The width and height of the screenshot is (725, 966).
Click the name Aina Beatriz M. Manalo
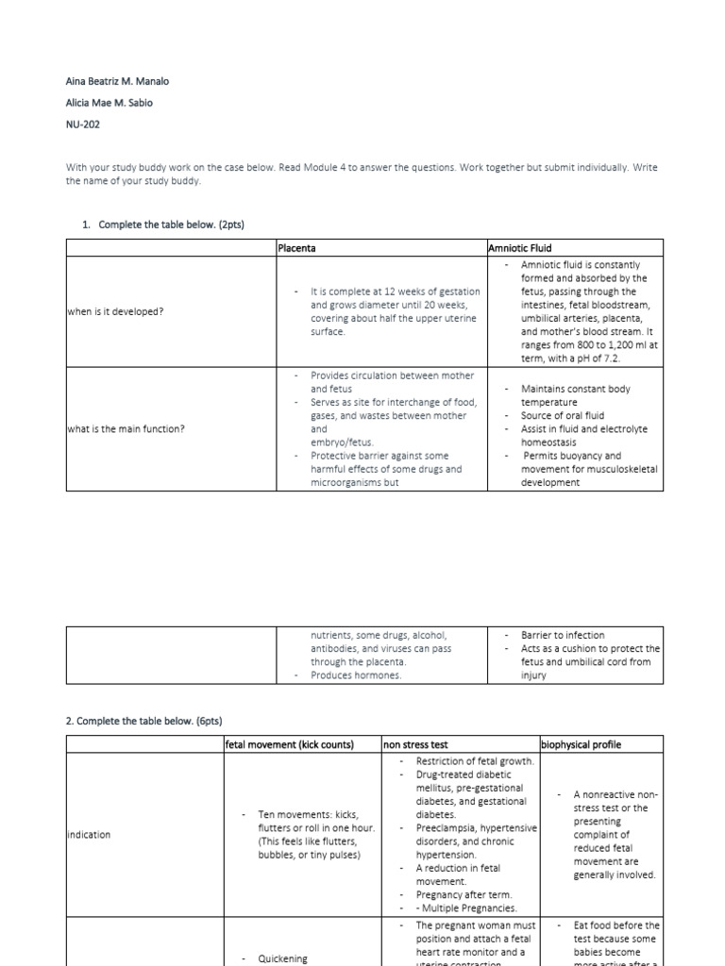tap(117, 81)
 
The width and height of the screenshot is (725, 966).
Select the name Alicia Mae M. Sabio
tap(110, 104)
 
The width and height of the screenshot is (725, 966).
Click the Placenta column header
tap(296, 248)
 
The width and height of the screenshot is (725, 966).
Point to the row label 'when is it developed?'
tap(115, 311)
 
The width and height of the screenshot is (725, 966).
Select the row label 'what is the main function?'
tap(126, 429)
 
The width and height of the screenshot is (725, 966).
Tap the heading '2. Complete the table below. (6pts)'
tap(143, 721)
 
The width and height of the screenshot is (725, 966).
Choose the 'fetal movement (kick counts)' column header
tap(290, 744)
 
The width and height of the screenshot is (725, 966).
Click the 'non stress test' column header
tap(416, 744)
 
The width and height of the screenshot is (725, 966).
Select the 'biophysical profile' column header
tap(582, 744)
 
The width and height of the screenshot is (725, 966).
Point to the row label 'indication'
tap(89, 834)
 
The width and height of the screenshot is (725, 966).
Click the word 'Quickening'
tap(282, 958)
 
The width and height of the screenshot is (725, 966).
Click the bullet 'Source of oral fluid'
tap(563, 415)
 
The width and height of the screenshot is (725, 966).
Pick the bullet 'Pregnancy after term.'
tap(460, 894)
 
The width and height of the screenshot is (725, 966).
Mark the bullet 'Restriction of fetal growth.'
tap(475, 761)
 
